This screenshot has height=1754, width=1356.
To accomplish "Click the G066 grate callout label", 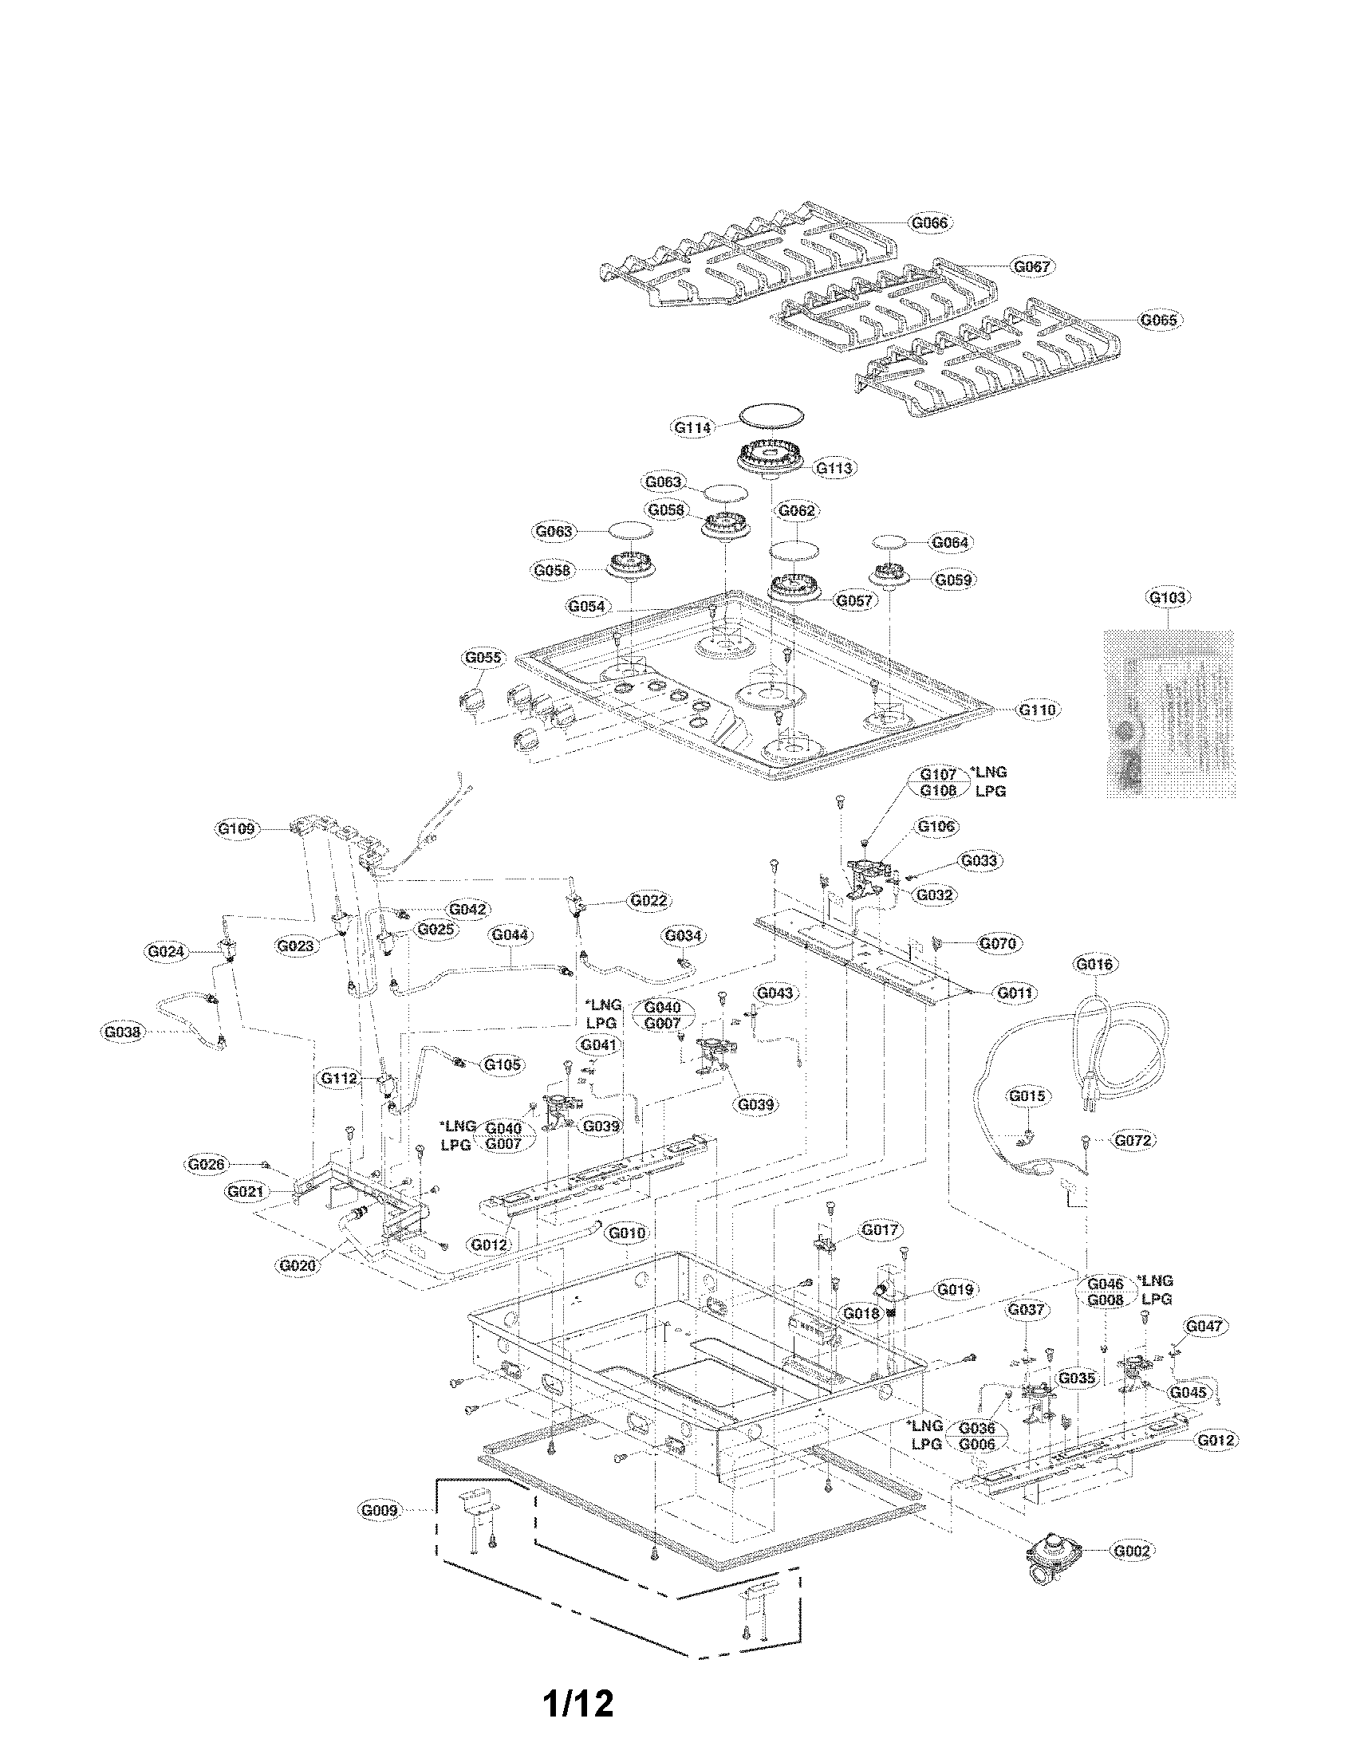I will click(928, 222).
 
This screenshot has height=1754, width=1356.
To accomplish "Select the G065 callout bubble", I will click(1157, 320).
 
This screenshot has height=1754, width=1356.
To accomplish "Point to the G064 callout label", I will click(949, 542).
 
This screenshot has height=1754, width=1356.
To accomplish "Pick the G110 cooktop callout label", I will click(1037, 710).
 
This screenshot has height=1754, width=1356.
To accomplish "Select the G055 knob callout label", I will click(483, 658).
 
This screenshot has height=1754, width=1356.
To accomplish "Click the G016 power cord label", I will click(1095, 963).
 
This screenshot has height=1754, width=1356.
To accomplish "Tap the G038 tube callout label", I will click(123, 1032).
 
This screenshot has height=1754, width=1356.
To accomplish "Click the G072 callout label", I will click(1133, 1139).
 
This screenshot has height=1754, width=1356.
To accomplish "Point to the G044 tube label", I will click(510, 935).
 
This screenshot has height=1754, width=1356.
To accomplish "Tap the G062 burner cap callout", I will click(797, 510).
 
